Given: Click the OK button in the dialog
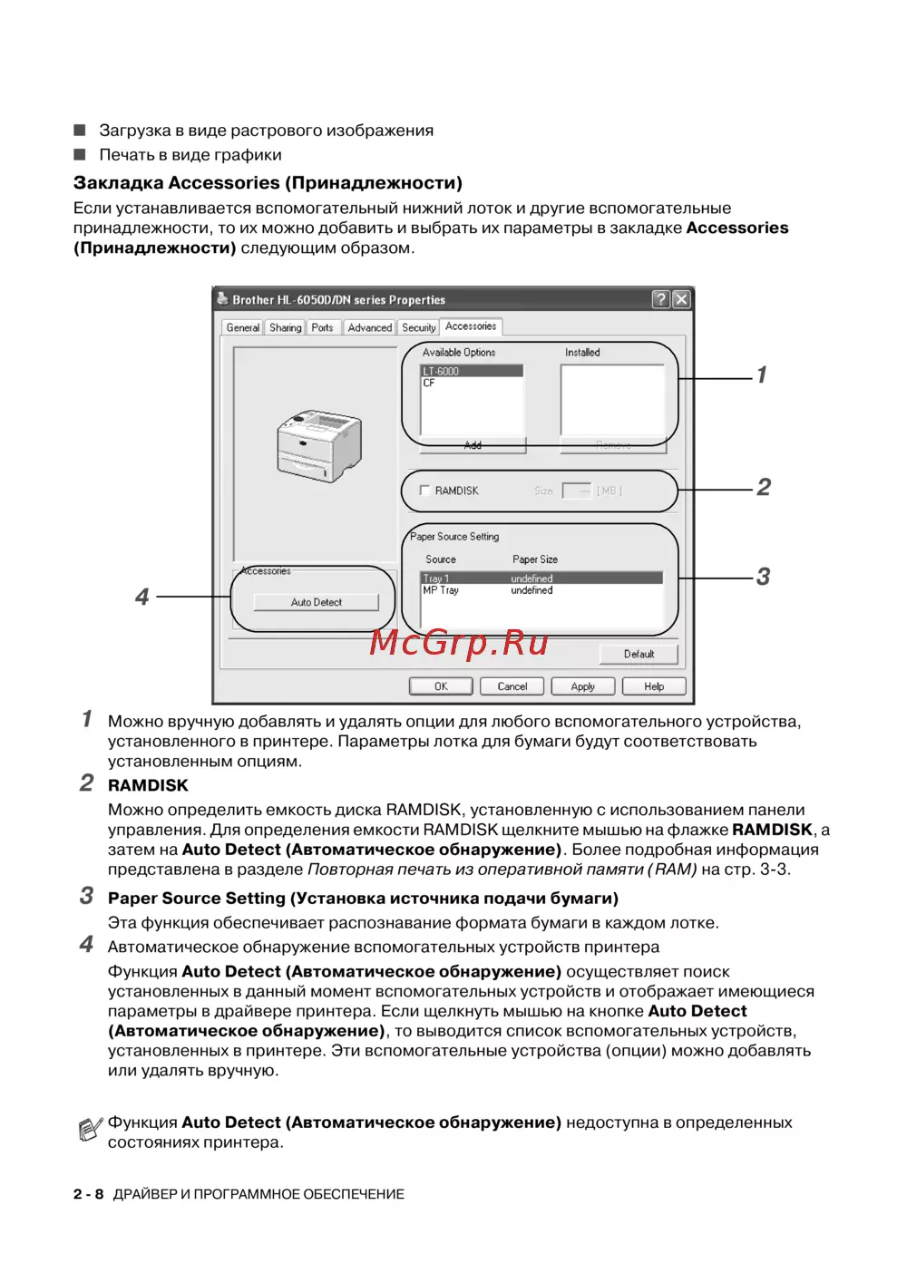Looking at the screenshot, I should (x=441, y=686).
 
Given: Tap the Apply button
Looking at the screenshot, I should (x=582, y=686).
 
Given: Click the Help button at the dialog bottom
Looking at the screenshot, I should (x=654, y=686).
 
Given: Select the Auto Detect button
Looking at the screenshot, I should (x=317, y=602).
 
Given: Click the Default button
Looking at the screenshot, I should (x=639, y=654).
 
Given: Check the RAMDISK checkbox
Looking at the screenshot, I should (x=424, y=491).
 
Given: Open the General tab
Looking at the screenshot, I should (x=242, y=327).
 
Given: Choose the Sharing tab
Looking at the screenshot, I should (x=285, y=327).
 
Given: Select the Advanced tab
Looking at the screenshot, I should (x=369, y=327).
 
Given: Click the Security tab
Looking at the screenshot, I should (x=418, y=327).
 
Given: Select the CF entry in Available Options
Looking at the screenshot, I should (x=429, y=383).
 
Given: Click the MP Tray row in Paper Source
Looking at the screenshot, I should (x=441, y=590).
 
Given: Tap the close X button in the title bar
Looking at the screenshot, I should (x=681, y=299).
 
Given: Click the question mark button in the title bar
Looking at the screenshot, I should (x=660, y=299).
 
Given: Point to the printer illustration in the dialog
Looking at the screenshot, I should (x=318, y=444).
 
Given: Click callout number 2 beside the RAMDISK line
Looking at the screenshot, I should (x=764, y=488).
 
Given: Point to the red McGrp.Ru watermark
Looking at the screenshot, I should (x=459, y=643).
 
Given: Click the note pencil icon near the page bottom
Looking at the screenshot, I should (x=90, y=1130).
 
